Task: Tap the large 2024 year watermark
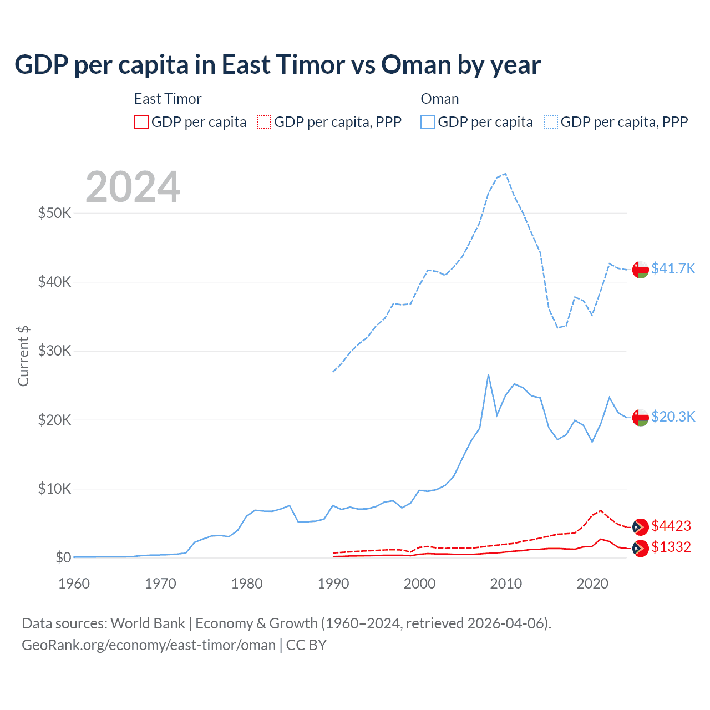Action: (x=133, y=187)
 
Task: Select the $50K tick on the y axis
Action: (x=54, y=213)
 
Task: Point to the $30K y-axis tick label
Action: (x=54, y=351)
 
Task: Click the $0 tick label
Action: (x=63, y=557)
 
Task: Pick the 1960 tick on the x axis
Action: (x=74, y=584)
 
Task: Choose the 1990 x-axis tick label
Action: (x=333, y=584)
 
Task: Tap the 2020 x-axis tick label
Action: (x=592, y=584)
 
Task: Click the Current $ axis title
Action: (x=23, y=356)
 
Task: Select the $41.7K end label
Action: (x=673, y=268)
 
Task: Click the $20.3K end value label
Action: (x=673, y=417)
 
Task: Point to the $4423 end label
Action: (x=671, y=526)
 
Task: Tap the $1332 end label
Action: (x=671, y=547)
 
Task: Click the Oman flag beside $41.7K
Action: (x=641, y=269)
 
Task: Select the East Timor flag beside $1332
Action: (x=641, y=548)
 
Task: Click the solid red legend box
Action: (x=141, y=122)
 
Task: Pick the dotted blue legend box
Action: (x=551, y=122)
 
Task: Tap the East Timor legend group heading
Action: (x=168, y=99)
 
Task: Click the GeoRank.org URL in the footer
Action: (x=149, y=645)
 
